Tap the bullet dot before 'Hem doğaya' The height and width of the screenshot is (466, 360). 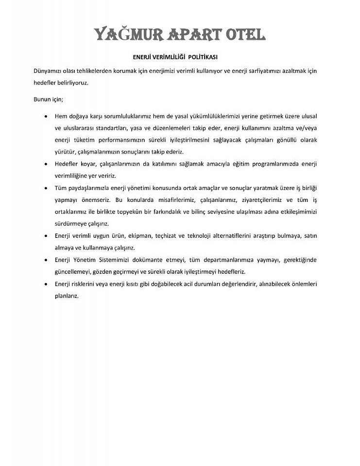point(46,117)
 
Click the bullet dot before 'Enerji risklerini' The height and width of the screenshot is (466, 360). point(46,283)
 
